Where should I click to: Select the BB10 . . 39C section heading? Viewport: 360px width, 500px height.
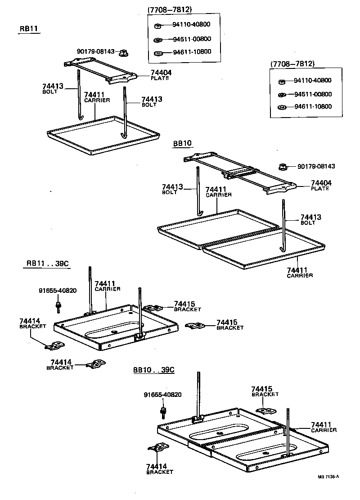pyautogui.click(x=153, y=370)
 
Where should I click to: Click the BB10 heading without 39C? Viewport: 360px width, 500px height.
pyautogui.click(x=182, y=144)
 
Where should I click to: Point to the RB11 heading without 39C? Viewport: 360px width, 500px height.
pyautogui.click(x=29, y=29)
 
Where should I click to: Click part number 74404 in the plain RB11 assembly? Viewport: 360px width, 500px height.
pyautogui.click(x=161, y=73)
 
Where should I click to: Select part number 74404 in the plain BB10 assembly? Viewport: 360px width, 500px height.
pyautogui.click(x=321, y=183)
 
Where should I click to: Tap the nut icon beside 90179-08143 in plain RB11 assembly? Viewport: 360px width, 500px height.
pyautogui.click(x=123, y=54)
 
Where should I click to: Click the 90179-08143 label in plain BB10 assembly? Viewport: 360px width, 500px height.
pyautogui.click(x=316, y=166)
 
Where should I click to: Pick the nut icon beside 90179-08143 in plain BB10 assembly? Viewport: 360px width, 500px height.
pyautogui.click(x=283, y=167)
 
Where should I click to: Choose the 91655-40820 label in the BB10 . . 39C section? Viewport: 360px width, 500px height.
pyautogui.click(x=162, y=395)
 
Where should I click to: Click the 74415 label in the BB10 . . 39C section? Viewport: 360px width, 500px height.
pyautogui.click(x=262, y=388)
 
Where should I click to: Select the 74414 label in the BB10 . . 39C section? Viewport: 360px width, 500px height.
pyautogui.click(x=157, y=466)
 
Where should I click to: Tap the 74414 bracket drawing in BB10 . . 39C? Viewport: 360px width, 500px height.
pyautogui.click(x=158, y=448)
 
